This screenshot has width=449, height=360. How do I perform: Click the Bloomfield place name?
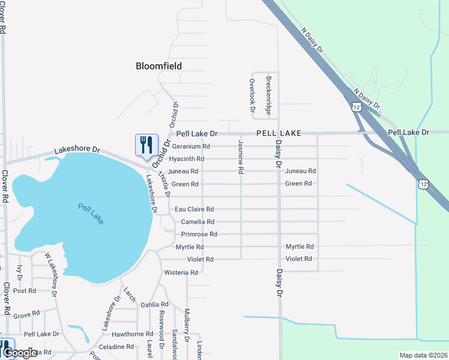pyautogui.click(x=158, y=66)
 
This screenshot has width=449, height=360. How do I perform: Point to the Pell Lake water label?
pyautogui.click(x=91, y=214)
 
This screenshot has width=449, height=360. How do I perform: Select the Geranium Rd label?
pyautogui.click(x=191, y=146)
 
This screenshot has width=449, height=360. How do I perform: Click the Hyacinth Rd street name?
pyautogui.click(x=187, y=159)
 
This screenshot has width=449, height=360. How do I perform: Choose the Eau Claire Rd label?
pyautogui.click(x=194, y=209)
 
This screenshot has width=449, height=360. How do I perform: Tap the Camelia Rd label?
pyautogui.click(x=197, y=222)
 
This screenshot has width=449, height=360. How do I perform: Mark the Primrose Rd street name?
pyautogui.click(x=199, y=234)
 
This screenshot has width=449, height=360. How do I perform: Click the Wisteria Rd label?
pyautogui.click(x=181, y=272)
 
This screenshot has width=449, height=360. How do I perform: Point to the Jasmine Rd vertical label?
pyautogui.click(x=241, y=157)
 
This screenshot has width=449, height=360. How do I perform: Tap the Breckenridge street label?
pyautogui.click(x=269, y=95)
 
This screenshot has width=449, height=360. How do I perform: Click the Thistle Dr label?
pyautogui.click(x=164, y=184)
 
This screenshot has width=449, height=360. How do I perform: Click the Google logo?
pyautogui.click(x=20, y=353)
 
